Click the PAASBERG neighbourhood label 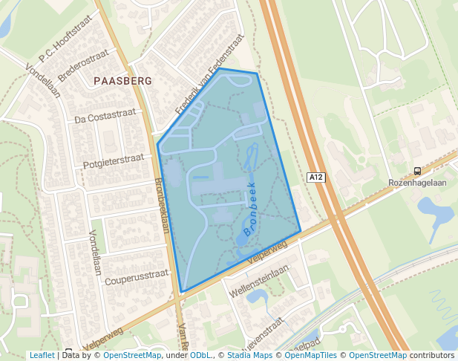click(x=123, y=80)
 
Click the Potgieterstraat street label click(x=113, y=160)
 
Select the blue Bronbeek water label click(x=249, y=210)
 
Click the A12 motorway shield click(x=316, y=177)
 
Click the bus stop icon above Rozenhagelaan click(x=417, y=170)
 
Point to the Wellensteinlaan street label click(x=259, y=278)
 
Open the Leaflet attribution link click(x=42, y=355)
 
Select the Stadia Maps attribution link click(x=249, y=355)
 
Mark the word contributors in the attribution click(x=432, y=355)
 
